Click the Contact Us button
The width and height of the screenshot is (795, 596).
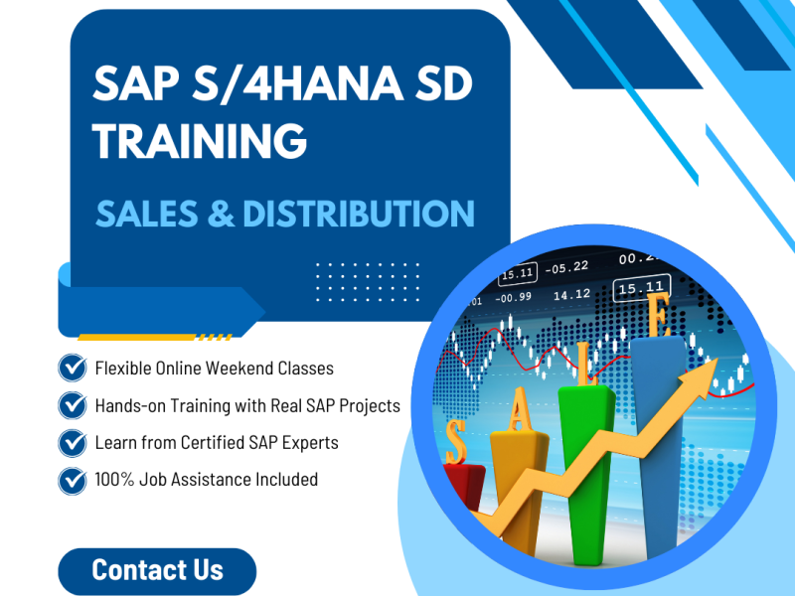(x=157, y=570)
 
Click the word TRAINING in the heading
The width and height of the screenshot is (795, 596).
(x=200, y=141)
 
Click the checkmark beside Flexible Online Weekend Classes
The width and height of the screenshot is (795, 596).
(x=73, y=368)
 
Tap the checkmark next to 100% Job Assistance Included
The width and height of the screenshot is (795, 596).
(x=73, y=480)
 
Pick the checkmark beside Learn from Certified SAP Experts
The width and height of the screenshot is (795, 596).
(x=73, y=442)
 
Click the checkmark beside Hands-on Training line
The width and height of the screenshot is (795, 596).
(x=73, y=405)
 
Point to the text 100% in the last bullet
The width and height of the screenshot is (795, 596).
(x=114, y=480)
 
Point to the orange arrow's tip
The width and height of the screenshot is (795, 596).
(x=717, y=365)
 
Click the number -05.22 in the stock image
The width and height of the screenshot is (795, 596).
(x=568, y=266)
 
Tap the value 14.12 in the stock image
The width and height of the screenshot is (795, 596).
(x=571, y=294)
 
